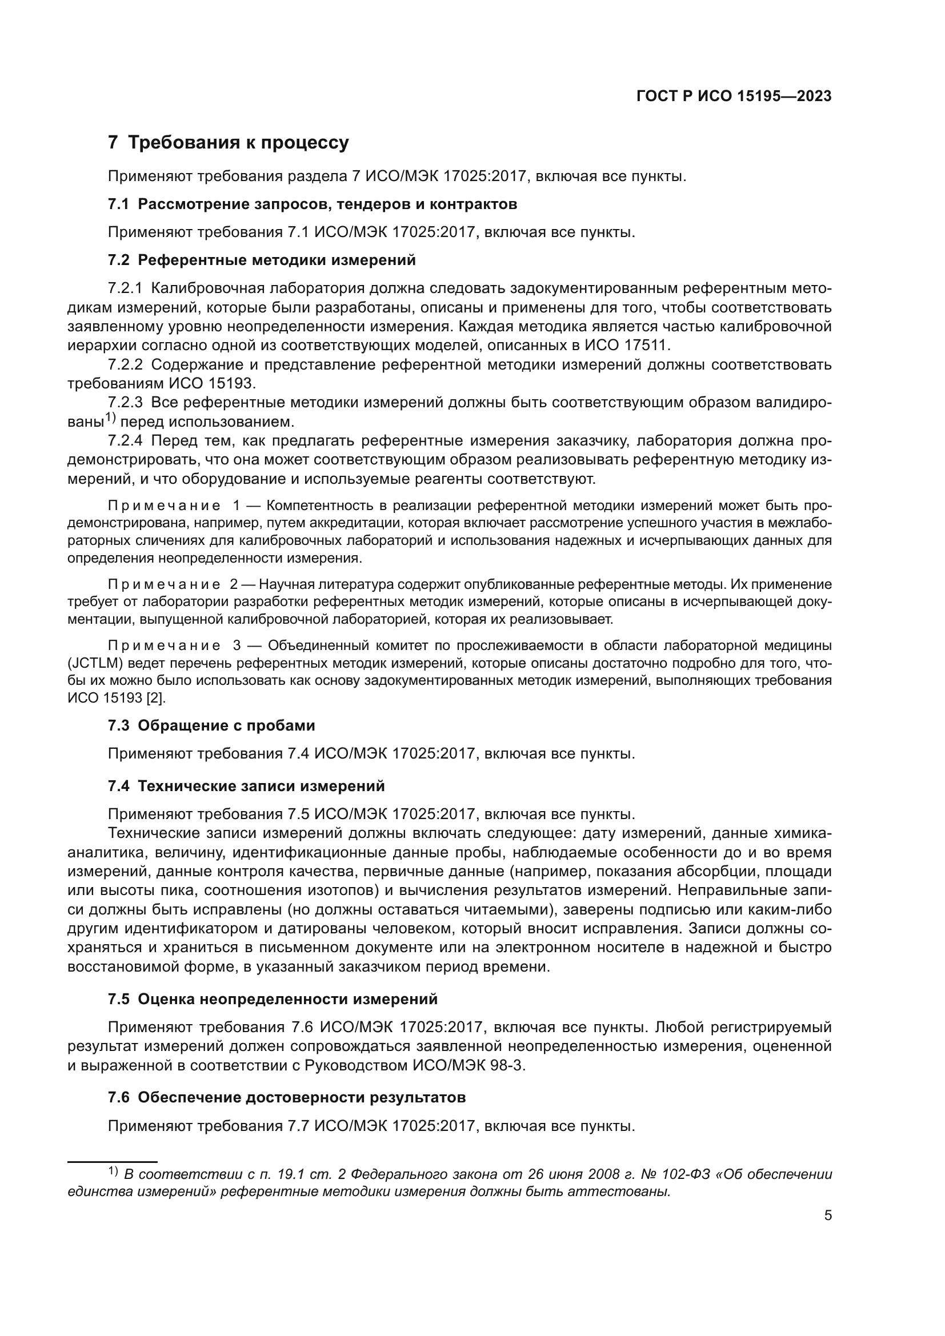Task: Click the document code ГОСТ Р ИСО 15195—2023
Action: click(x=734, y=97)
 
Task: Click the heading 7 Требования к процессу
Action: click(x=228, y=143)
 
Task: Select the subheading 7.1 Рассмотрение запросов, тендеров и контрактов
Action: click(x=313, y=204)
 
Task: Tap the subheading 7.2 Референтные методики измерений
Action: click(x=262, y=260)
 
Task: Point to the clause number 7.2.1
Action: click(x=125, y=288)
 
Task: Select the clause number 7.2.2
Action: click(x=125, y=365)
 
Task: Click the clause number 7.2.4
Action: click(x=125, y=441)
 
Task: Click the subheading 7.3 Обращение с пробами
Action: click(x=211, y=725)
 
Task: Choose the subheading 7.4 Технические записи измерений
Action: click(x=246, y=786)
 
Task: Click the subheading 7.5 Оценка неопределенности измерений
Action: click(x=273, y=999)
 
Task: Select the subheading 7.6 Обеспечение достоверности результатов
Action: click(x=287, y=1098)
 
